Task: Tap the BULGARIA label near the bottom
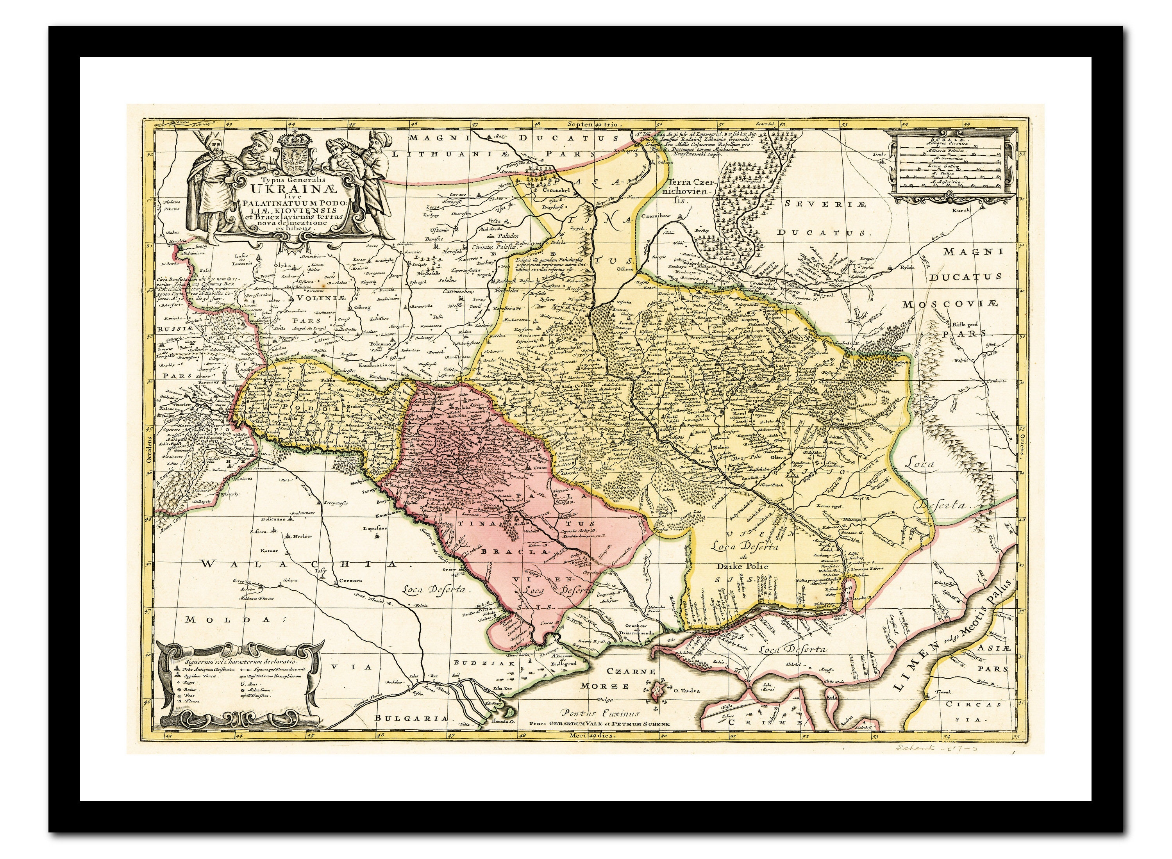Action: click(x=411, y=718)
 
